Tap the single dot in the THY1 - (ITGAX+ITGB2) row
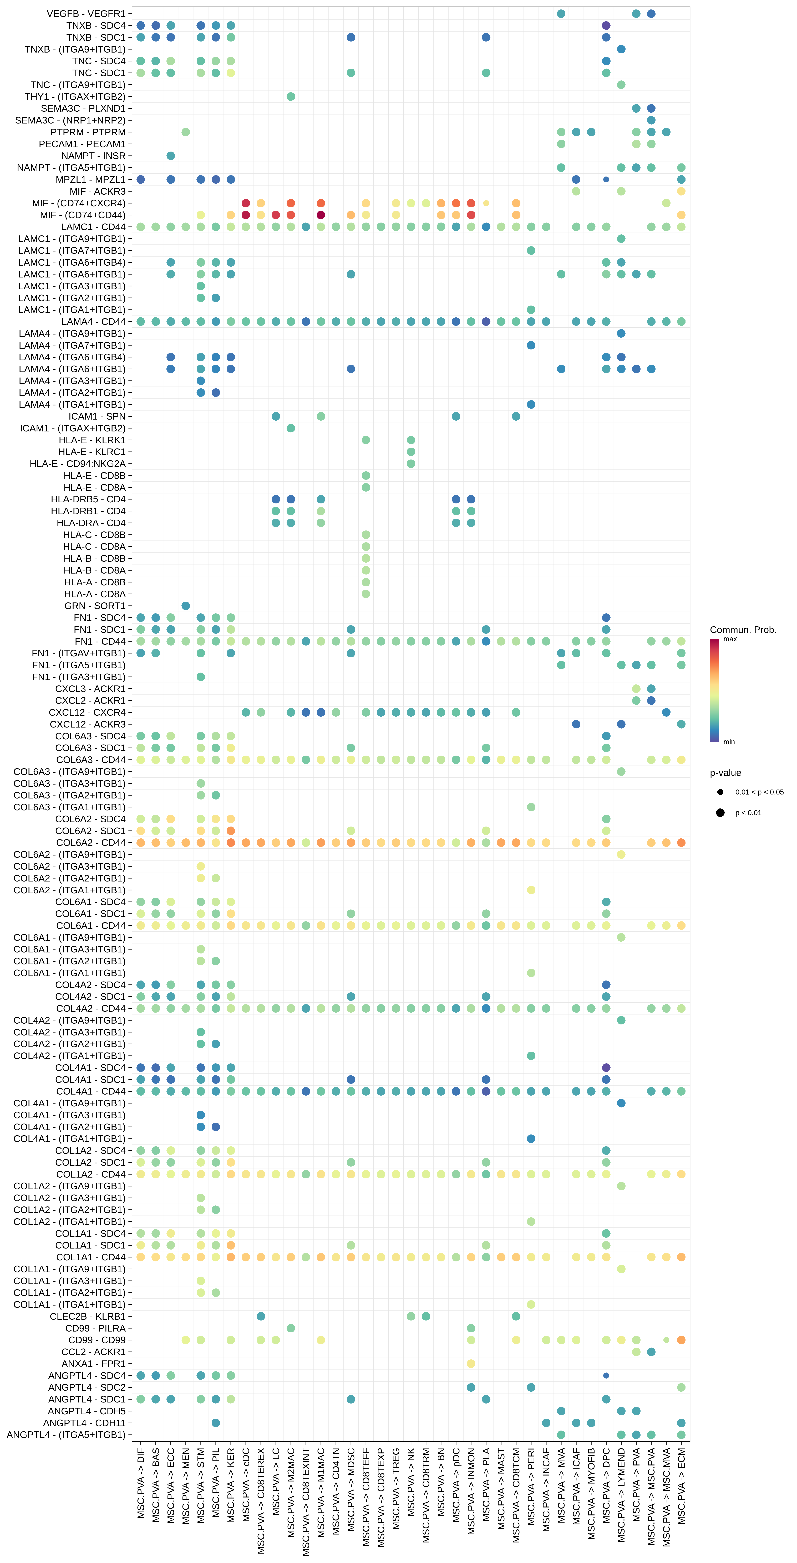(291, 96)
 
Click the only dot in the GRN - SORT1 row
(186, 606)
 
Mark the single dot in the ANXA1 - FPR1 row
(471, 1363)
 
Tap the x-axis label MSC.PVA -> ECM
(681, 1485)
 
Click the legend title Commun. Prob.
(743, 630)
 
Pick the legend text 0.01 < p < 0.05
(759, 792)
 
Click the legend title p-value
(725, 773)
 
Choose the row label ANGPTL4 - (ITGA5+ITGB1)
(66, 1434)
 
